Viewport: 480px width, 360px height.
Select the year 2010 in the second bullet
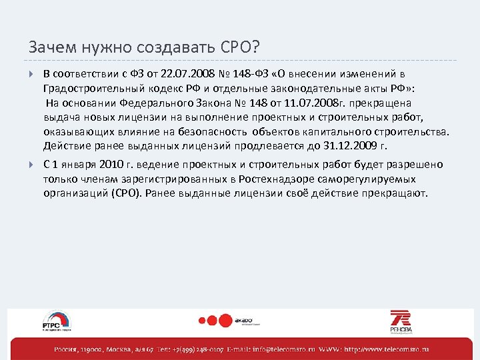pos(110,165)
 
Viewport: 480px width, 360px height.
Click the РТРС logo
pos(57,321)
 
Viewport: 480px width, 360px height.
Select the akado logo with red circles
pos(231,320)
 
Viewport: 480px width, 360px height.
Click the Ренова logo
pos(401,321)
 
